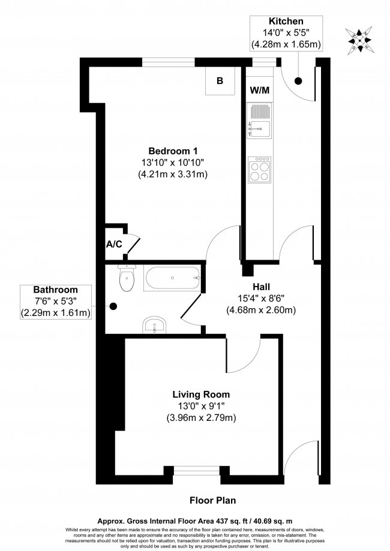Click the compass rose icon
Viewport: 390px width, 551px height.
361,38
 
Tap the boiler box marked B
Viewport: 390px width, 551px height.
220,80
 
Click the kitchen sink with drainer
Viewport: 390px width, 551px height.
260,120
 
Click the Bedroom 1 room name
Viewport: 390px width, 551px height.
173,151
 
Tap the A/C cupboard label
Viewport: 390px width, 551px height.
114,244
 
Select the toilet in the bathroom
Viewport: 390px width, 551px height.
126,279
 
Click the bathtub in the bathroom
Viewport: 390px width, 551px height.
172,278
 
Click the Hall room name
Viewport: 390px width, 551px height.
260,287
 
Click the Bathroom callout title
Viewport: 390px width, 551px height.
54,288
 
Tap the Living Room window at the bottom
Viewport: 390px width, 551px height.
191,474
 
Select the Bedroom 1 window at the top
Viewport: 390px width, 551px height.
168,60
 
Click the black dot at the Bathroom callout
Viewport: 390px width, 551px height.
112,306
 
